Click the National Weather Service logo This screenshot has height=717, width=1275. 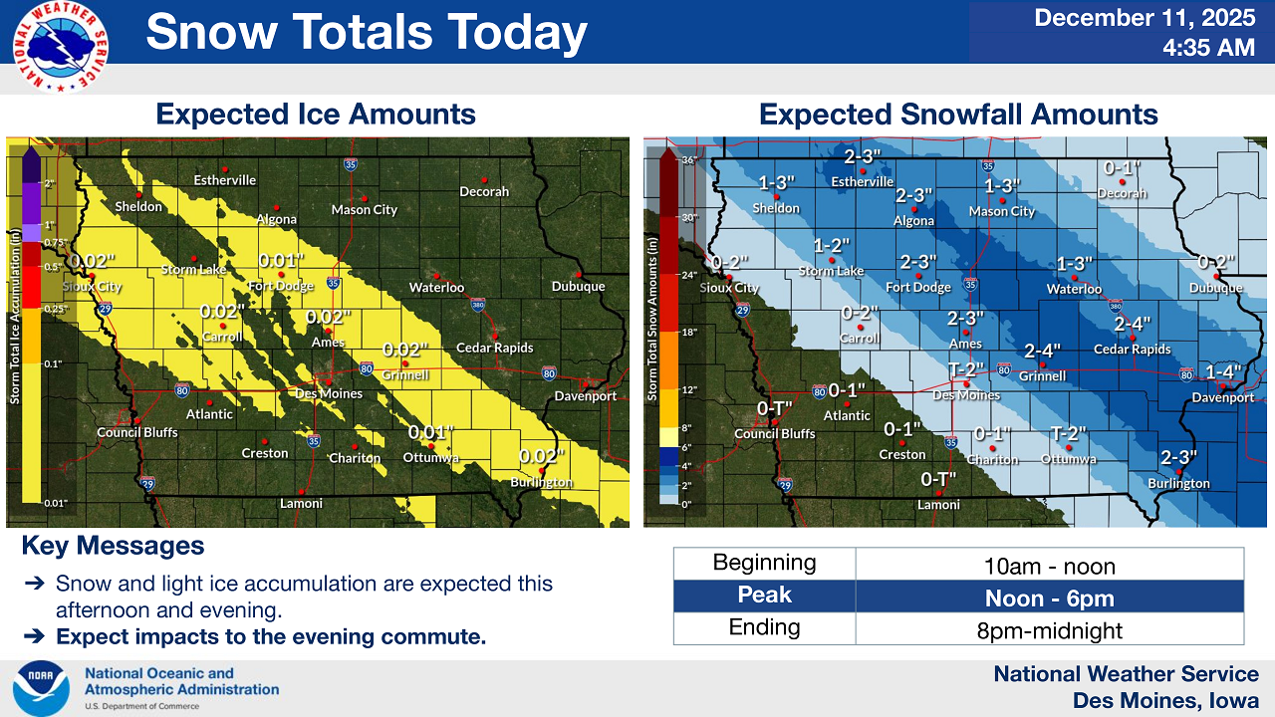coord(61,48)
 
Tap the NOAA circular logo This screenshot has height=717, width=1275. coord(41,687)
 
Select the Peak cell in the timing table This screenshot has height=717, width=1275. coord(764,596)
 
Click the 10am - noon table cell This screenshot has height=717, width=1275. coord(1050,567)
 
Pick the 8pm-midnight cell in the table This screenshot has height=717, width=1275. coord(1050,630)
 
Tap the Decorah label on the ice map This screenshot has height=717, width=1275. coord(484,191)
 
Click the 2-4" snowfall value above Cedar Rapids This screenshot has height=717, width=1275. coord(1133,324)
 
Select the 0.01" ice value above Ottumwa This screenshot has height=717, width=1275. coord(430,432)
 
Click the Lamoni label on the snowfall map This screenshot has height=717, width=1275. coord(938,505)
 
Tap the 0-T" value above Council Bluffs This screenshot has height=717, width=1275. coord(774,408)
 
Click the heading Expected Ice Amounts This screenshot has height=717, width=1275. coord(316,115)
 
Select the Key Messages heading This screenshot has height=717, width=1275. coord(113,546)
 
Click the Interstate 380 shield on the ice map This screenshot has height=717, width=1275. coord(478,302)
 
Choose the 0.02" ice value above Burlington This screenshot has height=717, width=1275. coord(542,455)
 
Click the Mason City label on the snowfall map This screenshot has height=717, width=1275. coord(1002,211)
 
